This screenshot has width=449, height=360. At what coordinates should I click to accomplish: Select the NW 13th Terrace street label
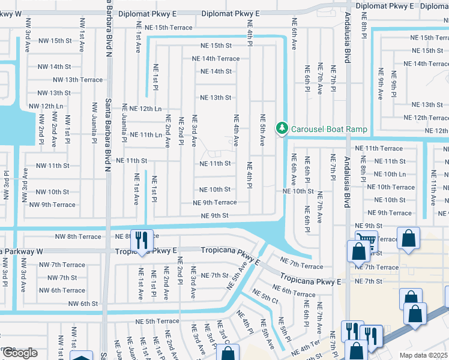(x=77, y=80)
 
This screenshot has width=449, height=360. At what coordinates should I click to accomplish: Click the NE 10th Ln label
(x=390, y=174)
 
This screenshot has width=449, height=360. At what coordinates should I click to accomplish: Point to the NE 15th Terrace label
(x=164, y=28)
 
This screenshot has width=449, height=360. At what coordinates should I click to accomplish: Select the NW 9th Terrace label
(x=52, y=205)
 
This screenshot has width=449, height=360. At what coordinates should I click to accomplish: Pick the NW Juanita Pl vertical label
(x=94, y=124)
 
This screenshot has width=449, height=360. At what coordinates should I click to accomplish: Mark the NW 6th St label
(x=83, y=304)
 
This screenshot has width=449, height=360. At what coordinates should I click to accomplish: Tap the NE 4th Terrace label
(x=307, y=346)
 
